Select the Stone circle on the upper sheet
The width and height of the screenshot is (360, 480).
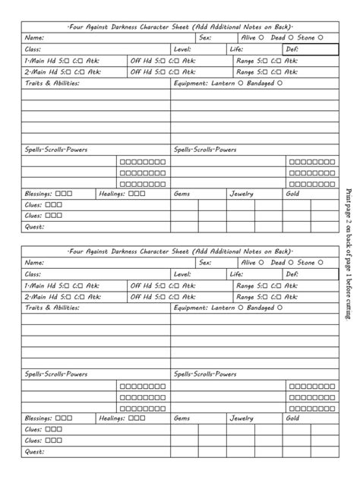pos(320,37)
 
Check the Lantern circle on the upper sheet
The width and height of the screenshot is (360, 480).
pos(242,82)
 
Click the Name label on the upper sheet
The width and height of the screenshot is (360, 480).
pos(34,37)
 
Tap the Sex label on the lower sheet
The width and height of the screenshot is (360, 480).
pos(205,263)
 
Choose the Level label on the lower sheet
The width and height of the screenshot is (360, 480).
pos(182,274)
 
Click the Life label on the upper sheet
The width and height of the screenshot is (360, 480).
pos(236,49)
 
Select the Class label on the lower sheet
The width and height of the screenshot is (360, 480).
pos(33,274)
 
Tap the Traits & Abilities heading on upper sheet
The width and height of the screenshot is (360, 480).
pos(52,82)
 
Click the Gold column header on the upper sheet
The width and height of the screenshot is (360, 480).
pos(292,194)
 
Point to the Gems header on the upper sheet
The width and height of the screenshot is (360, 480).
pos(182,194)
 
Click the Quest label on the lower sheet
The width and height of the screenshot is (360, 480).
pos(34,452)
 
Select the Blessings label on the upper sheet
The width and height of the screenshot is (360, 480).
pos(39,194)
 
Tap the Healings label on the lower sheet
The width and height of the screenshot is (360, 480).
pos(112,418)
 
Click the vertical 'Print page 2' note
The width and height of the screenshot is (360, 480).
pos(349,252)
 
